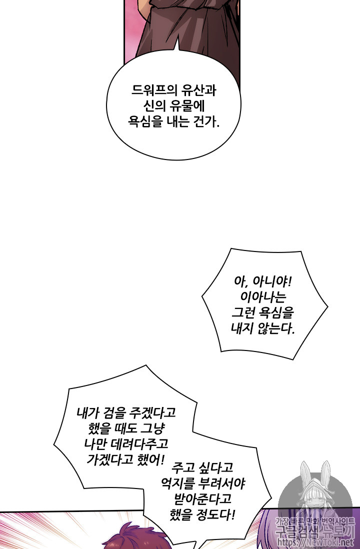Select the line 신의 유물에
tap(174, 107)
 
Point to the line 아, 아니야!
tap(258, 282)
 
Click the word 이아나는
tap(259, 298)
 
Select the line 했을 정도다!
tap(202, 514)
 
